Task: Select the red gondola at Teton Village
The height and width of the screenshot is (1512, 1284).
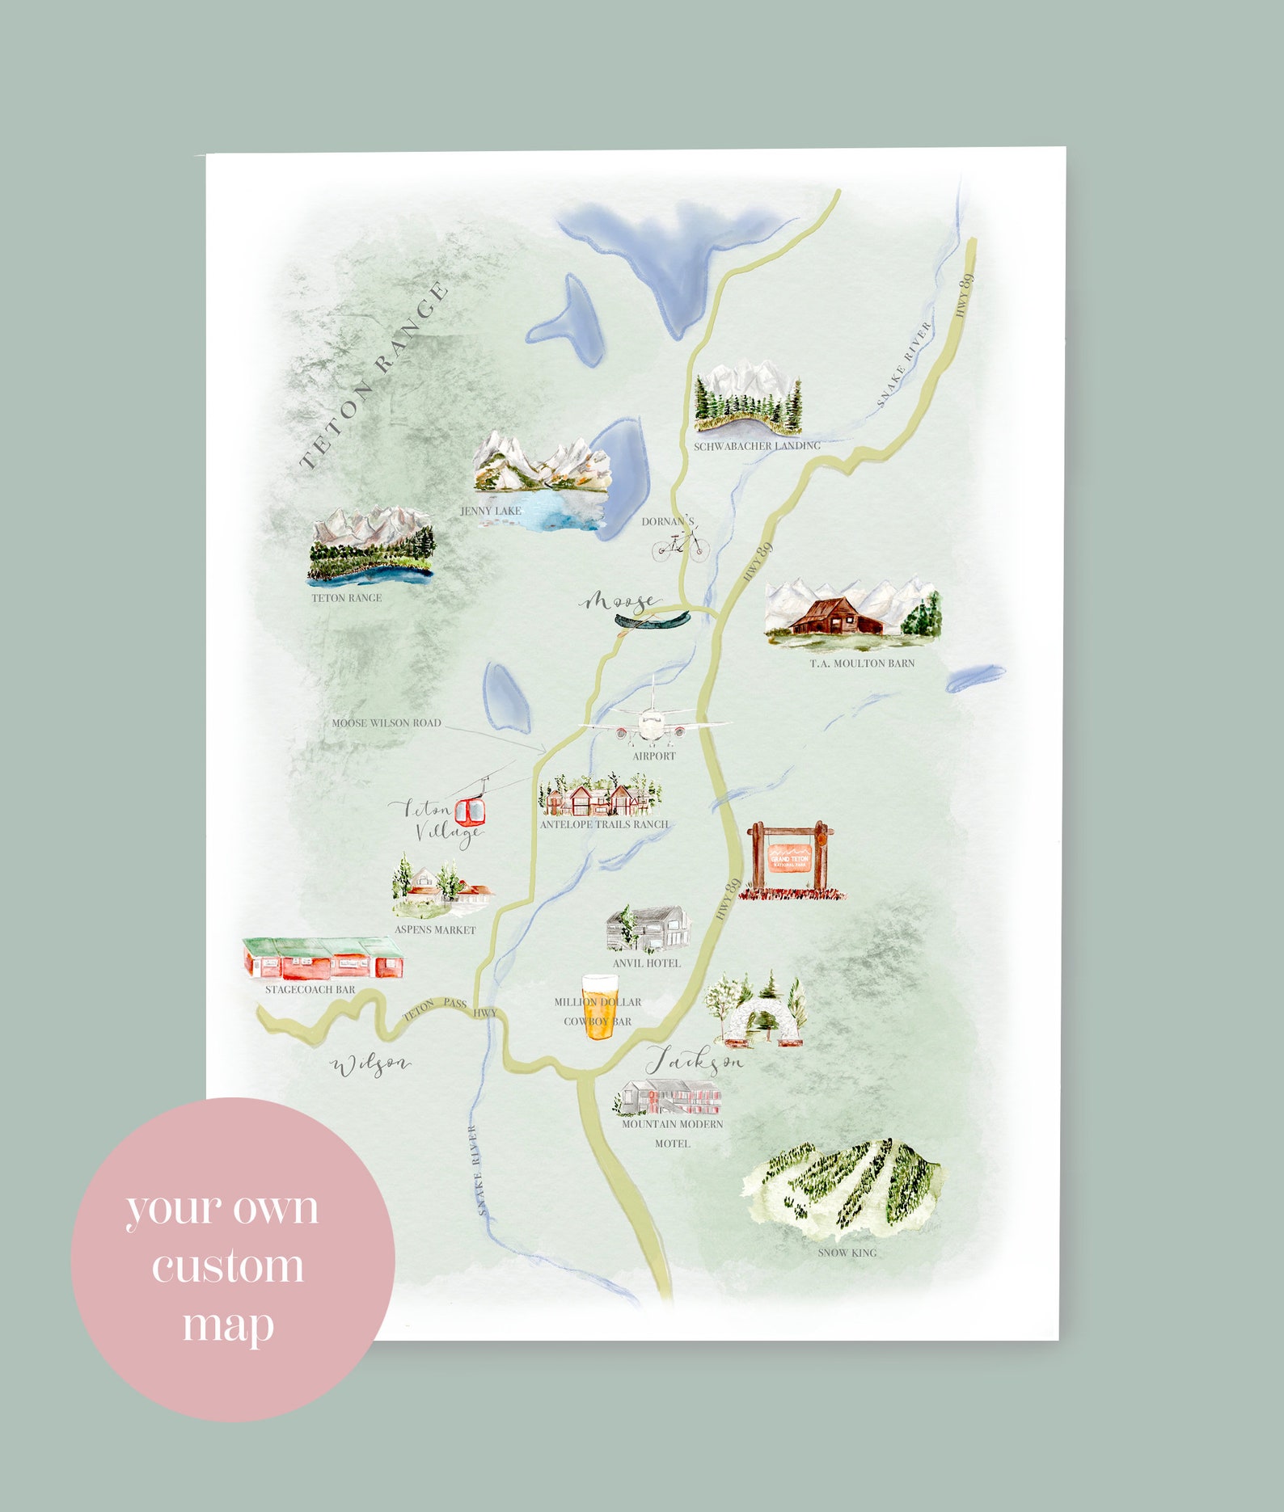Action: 470,811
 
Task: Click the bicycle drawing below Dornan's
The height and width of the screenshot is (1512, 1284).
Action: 680,545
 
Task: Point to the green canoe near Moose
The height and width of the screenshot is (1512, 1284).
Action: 652,620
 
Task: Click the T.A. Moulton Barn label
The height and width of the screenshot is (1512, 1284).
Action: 862,663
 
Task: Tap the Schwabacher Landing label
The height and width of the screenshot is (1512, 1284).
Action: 757,446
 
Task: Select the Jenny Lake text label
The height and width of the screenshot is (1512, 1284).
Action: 491,511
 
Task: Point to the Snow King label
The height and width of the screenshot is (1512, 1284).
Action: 847,1253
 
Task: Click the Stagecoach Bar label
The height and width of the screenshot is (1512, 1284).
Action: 310,989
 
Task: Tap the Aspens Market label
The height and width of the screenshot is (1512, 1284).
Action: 435,930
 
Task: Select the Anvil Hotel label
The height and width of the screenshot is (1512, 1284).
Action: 646,963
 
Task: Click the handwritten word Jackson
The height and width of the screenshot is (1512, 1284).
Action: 694,1060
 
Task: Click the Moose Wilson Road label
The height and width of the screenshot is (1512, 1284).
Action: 386,723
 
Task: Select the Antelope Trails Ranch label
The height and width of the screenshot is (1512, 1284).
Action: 604,824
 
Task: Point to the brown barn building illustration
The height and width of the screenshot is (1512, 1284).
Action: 836,617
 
